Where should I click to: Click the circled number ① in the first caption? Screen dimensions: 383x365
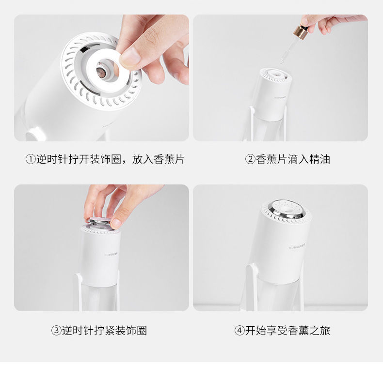point(31,159)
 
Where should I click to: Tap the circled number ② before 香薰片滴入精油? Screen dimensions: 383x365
point(250,159)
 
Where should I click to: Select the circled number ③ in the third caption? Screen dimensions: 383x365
point(56,331)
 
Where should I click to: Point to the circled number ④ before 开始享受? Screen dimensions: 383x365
point(239,331)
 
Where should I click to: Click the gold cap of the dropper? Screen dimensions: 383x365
point(300,32)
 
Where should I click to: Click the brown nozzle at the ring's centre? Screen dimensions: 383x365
point(101,71)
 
